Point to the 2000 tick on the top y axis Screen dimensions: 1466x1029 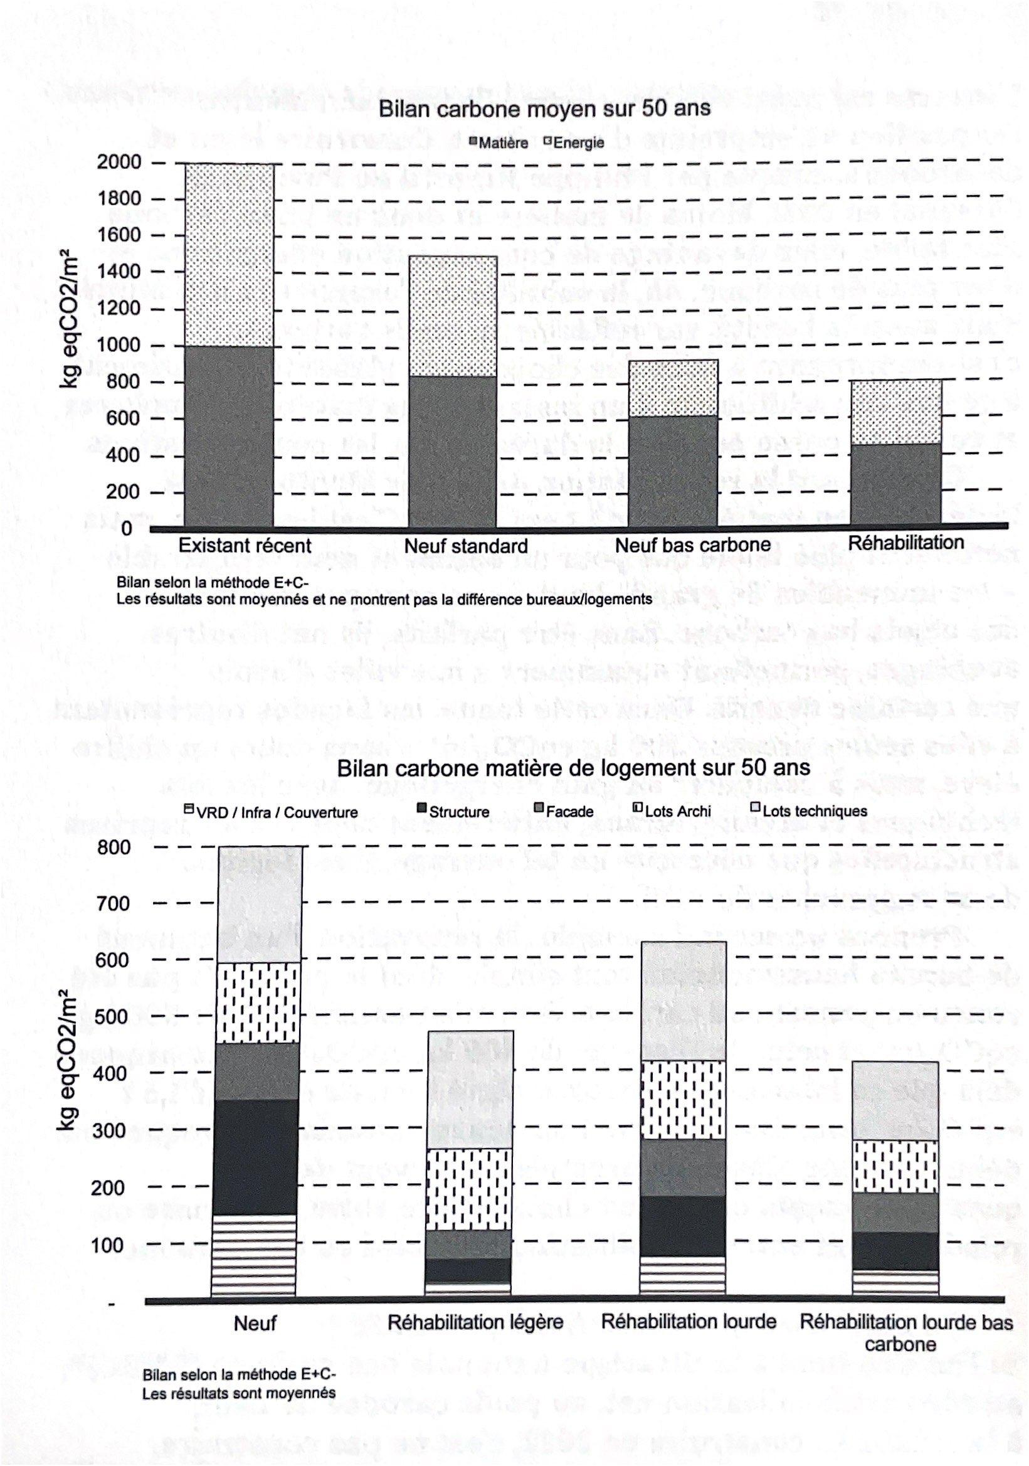tap(119, 162)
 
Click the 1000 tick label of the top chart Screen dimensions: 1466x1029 tap(119, 346)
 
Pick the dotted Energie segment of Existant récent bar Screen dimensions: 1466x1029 tap(229, 255)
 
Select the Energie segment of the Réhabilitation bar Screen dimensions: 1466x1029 tap(896, 412)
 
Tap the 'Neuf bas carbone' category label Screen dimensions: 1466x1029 tap(693, 545)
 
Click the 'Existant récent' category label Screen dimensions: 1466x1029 tap(245, 545)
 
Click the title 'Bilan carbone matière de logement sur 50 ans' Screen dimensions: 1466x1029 tap(573, 768)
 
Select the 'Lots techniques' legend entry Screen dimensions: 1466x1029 tap(809, 811)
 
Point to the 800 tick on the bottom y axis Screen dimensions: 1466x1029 tap(114, 847)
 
